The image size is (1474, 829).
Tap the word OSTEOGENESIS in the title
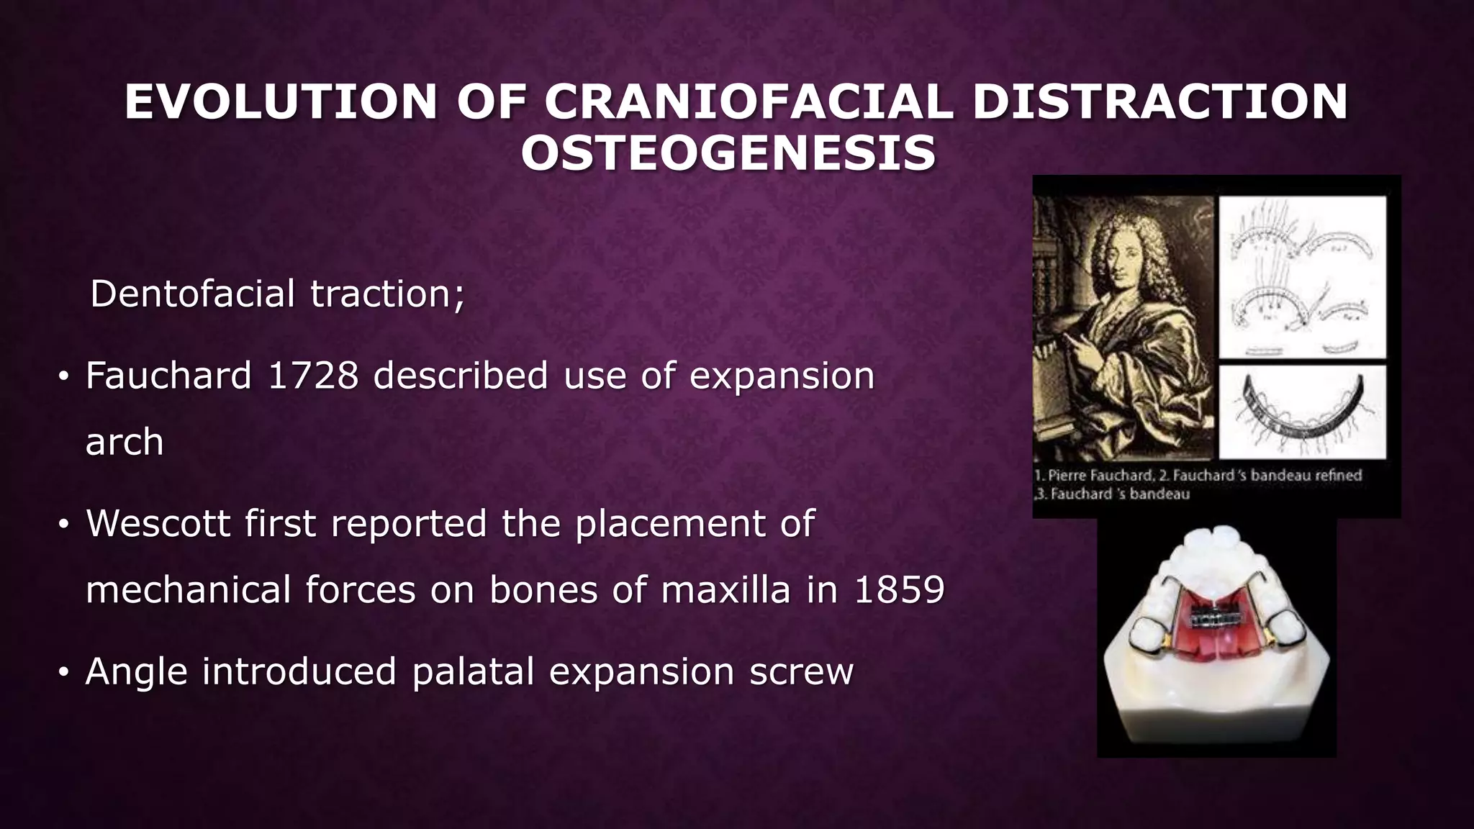click(x=728, y=153)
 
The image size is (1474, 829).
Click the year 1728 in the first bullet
click(x=312, y=376)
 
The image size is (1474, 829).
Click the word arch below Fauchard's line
click(x=124, y=442)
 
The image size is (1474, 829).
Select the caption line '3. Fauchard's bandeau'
click(x=1112, y=494)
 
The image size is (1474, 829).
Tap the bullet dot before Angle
click(x=63, y=673)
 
